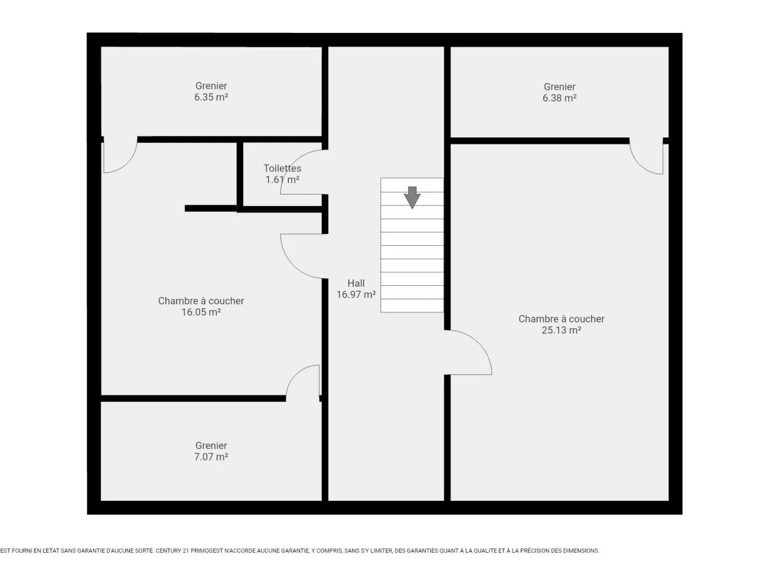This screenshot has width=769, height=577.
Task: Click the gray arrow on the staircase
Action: (x=412, y=198)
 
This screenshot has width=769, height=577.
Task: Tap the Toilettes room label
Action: (x=282, y=169)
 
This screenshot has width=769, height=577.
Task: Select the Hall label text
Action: (x=356, y=283)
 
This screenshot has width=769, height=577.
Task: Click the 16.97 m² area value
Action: (x=356, y=295)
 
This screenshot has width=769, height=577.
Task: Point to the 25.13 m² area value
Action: (x=561, y=330)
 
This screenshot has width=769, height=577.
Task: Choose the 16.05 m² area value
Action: (x=201, y=312)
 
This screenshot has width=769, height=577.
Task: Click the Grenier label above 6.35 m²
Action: (x=211, y=86)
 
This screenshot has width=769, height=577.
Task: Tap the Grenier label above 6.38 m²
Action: (x=560, y=87)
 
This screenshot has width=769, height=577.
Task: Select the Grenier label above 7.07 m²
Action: (x=211, y=446)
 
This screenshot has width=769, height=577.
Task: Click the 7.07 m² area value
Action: (x=211, y=457)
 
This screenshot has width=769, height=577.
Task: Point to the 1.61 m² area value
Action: (x=282, y=180)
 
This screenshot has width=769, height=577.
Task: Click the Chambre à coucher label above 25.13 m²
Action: (x=561, y=319)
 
